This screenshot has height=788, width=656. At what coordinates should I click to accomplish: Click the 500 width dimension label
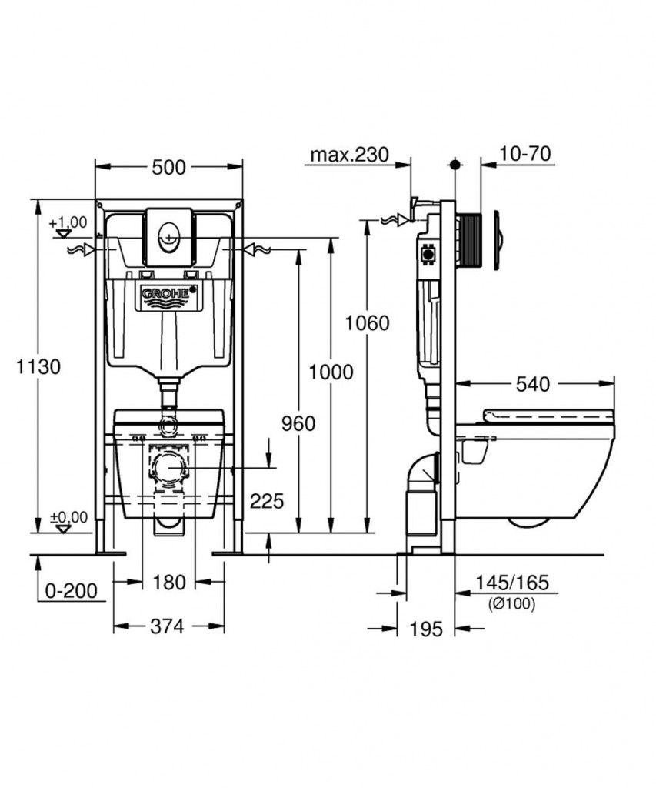[x=168, y=167]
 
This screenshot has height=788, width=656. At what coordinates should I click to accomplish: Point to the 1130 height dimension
[x=38, y=366]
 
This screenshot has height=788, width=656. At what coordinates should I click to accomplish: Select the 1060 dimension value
[x=367, y=323]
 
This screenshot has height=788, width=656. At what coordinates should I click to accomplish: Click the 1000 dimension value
[x=331, y=372]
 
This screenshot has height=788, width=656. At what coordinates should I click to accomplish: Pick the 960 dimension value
[x=298, y=424]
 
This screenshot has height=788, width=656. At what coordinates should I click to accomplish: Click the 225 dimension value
[x=267, y=501]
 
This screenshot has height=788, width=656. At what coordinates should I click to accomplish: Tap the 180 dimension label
[x=168, y=583]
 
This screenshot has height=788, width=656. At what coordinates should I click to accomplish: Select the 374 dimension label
[x=167, y=626]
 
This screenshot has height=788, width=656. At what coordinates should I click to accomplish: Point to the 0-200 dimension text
[x=72, y=591]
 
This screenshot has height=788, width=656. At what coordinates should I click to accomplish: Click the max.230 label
[x=350, y=155]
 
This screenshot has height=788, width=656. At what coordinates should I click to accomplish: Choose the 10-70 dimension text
[x=525, y=154]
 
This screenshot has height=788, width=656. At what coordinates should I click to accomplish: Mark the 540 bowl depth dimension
[x=533, y=385]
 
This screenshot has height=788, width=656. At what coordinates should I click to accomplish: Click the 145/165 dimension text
[x=512, y=583]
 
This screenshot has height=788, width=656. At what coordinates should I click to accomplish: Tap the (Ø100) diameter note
[x=512, y=603]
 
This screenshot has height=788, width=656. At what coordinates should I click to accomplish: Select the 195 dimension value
[x=426, y=629]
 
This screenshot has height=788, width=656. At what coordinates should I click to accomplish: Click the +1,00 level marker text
[x=68, y=222]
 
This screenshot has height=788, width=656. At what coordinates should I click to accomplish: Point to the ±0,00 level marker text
[x=68, y=516]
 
